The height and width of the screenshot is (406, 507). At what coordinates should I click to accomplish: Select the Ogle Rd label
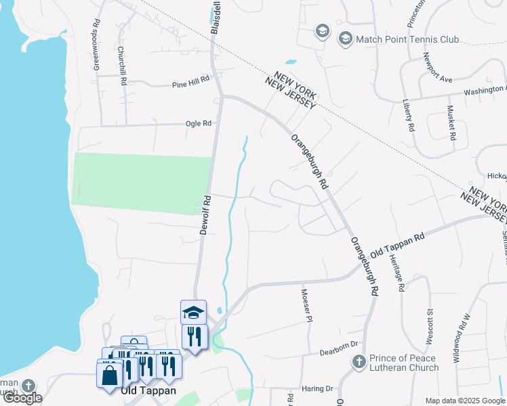(x=199, y=124)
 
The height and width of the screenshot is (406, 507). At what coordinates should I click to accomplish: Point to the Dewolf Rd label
(x=206, y=215)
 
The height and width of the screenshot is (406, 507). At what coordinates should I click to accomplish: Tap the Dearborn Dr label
(x=338, y=353)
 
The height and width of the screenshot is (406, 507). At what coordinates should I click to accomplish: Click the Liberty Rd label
(x=409, y=114)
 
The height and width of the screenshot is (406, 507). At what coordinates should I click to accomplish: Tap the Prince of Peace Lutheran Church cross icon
(x=359, y=362)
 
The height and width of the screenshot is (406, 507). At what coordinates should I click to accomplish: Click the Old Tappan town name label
(x=148, y=390)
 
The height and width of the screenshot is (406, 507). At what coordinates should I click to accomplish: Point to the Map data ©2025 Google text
(x=466, y=401)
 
